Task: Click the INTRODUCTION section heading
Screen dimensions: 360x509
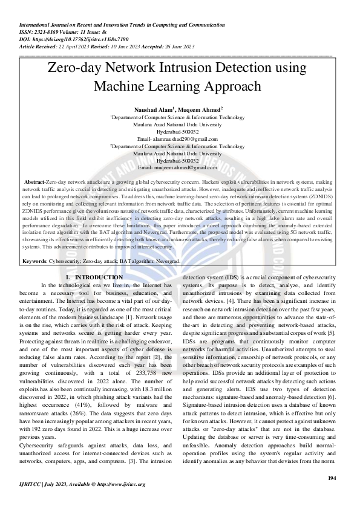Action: point(97,277)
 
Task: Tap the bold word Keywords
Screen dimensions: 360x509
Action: point(35,261)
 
